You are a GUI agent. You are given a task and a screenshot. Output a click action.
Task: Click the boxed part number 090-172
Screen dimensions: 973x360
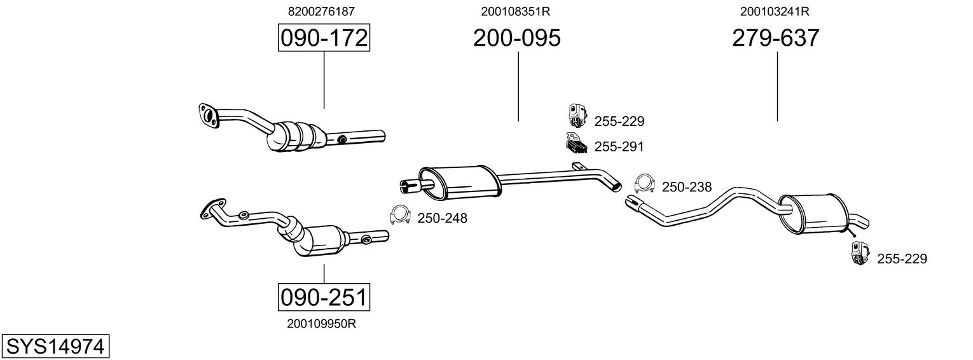point(324,39)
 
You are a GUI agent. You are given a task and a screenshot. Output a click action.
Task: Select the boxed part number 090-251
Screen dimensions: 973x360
point(324,297)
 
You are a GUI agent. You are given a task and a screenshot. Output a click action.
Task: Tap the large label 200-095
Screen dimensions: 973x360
point(516,39)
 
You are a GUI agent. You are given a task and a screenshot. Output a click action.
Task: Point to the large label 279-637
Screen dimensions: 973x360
point(775,39)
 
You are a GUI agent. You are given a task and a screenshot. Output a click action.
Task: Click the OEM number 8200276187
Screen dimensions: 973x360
point(321,11)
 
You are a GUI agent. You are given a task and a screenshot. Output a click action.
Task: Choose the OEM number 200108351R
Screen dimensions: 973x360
point(516,11)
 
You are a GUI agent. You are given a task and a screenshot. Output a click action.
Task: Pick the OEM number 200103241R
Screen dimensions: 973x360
point(775,11)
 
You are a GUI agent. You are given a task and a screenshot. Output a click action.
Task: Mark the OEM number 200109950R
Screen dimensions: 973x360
point(321,324)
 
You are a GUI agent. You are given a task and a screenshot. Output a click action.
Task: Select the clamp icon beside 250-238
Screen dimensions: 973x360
point(645,184)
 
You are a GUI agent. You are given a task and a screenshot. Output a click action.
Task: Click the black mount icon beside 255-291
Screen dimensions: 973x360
point(575,144)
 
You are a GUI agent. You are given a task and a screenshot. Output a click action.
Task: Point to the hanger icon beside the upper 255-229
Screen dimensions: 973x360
point(576,116)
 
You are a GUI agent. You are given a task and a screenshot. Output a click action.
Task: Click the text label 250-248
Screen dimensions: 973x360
point(442,219)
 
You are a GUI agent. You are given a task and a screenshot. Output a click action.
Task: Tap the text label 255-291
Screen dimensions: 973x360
point(619,147)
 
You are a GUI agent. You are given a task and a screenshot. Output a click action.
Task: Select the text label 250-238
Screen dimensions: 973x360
point(687,187)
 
